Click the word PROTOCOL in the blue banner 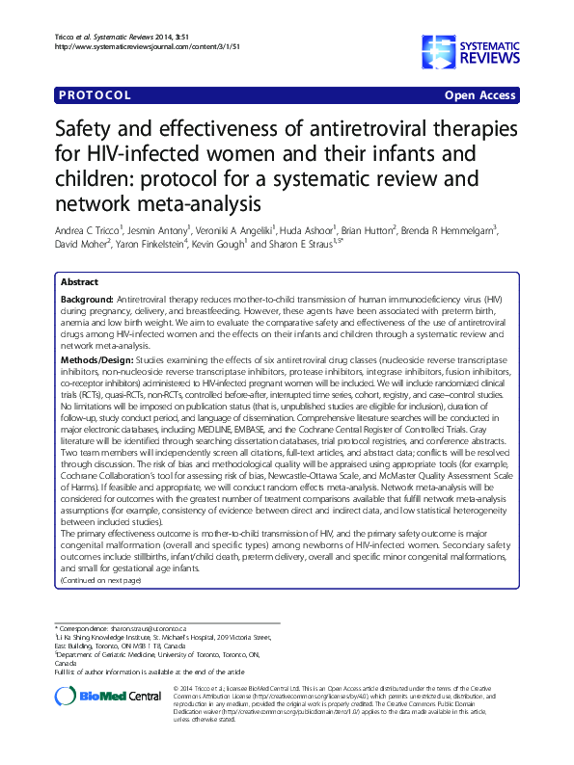[x=96, y=95]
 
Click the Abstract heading [x=79, y=282]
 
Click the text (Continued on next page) [x=100, y=581]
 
